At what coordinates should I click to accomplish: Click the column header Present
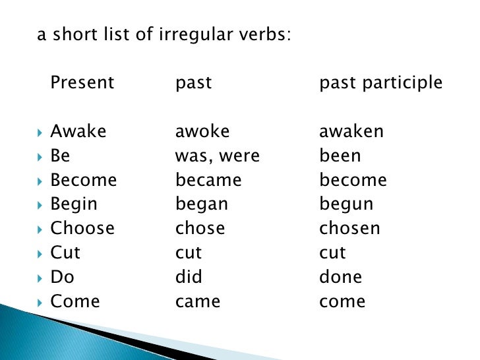82,83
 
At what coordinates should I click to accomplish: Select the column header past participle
380,84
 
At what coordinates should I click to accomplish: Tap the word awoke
202,131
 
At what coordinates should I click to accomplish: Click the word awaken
351,131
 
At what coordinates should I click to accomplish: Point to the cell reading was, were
218,156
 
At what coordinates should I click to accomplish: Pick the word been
340,156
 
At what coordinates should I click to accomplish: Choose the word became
208,181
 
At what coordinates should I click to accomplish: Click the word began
202,204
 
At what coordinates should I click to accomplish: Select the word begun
346,205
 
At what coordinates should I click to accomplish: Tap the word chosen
349,228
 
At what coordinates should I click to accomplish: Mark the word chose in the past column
200,228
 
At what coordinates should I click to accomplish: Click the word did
189,277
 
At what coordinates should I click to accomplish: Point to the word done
341,277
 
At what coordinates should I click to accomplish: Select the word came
198,301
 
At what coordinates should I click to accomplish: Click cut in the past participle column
332,253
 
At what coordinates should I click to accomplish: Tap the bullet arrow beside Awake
40,132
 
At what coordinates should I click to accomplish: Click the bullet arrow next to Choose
40,229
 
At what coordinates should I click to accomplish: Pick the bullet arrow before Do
40,278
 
